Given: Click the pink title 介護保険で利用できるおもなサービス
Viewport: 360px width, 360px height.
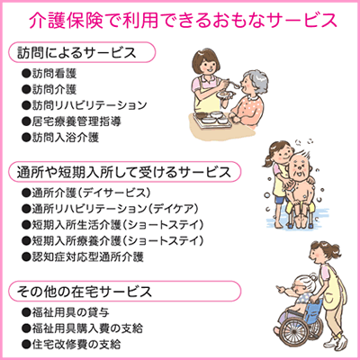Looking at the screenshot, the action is [184, 21].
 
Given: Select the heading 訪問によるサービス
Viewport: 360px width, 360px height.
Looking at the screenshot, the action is [76, 52].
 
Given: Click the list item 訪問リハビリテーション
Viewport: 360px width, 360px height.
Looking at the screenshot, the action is [89, 105].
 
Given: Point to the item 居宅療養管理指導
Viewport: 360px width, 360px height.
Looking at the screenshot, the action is [76, 121].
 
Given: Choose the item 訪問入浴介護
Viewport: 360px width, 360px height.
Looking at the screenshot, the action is [66, 138].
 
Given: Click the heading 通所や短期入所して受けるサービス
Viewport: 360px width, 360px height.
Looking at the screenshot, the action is [123, 172].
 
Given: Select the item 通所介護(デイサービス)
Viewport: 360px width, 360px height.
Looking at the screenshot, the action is [91, 193].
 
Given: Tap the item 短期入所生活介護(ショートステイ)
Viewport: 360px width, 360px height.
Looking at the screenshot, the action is [118, 225].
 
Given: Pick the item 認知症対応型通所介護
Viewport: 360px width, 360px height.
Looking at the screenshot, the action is [87, 256].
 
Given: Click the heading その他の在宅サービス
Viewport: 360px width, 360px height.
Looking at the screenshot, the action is [85, 292].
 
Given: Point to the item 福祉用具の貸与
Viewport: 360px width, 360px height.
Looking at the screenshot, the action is [70, 312].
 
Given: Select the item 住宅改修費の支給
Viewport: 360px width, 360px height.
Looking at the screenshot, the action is [76, 344].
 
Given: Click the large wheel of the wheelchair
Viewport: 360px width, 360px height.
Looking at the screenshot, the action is [295, 330].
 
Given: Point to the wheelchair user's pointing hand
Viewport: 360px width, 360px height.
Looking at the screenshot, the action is [281, 290].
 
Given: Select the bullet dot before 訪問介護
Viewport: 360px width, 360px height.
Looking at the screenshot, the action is [26, 89].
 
